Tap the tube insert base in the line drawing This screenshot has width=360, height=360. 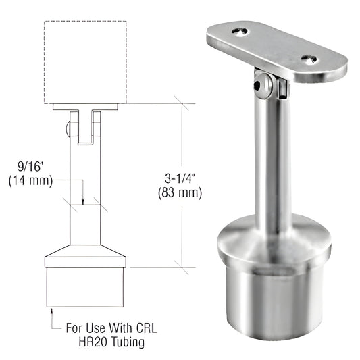click(x=85, y=287)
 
